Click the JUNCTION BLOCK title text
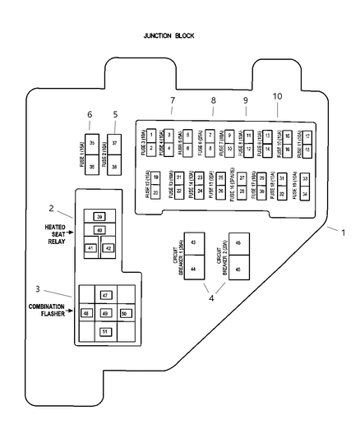tap(168, 36)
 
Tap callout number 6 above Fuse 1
tap(90, 114)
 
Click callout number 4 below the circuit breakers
tap(211, 298)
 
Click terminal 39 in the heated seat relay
tap(99, 217)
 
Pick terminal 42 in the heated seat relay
tap(108, 247)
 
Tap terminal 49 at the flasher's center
tap(104, 313)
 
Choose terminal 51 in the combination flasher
tap(104, 331)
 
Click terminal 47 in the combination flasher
tap(104, 295)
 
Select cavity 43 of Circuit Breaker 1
tap(193, 243)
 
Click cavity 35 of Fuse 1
tap(92, 143)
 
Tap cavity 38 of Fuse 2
tap(114, 166)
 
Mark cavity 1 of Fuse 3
tap(152, 133)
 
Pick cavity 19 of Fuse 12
tap(155, 178)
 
